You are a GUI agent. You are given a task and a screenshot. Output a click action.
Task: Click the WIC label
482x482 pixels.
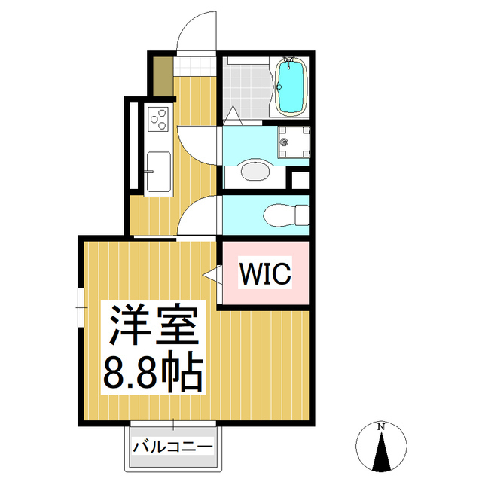pos(264,273)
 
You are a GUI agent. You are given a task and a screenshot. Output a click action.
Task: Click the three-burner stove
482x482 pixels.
pos(159,117)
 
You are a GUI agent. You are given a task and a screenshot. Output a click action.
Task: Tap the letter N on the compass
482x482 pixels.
pos(382,428)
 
